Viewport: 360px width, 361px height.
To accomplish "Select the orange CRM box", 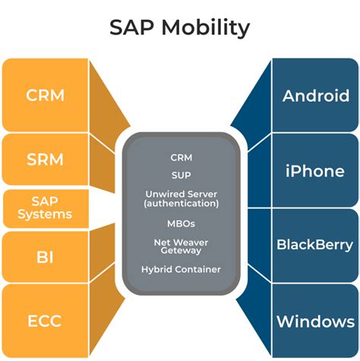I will click(x=45, y=96).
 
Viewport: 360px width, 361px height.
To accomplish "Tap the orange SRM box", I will click(x=45, y=160).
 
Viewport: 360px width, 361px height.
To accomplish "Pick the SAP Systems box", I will click(x=45, y=207).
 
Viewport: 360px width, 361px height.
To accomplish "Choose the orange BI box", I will click(x=45, y=256).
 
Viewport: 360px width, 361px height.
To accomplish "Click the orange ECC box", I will click(x=45, y=320).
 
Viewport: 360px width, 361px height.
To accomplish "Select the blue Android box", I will click(x=314, y=96).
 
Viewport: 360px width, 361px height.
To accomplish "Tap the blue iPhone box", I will click(x=314, y=170).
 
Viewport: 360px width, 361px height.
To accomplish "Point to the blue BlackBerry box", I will click(x=314, y=245).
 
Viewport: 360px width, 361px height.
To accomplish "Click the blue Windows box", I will click(x=314, y=321).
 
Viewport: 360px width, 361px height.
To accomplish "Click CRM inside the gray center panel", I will click(x=182, y=158).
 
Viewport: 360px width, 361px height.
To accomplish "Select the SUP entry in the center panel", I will click(x=182, y=176).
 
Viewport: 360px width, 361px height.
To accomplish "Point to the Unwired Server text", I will click(x=182, y=194).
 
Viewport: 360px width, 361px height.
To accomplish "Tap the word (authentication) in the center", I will click(x=182, y=204).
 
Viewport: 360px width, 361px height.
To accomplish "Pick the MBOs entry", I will click(x=182, y=223).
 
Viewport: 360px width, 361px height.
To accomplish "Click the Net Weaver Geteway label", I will click(x=182, y=246).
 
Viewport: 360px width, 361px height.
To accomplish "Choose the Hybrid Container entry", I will click(x=182, y=269).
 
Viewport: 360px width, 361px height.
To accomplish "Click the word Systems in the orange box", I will click(x=45, y=214).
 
